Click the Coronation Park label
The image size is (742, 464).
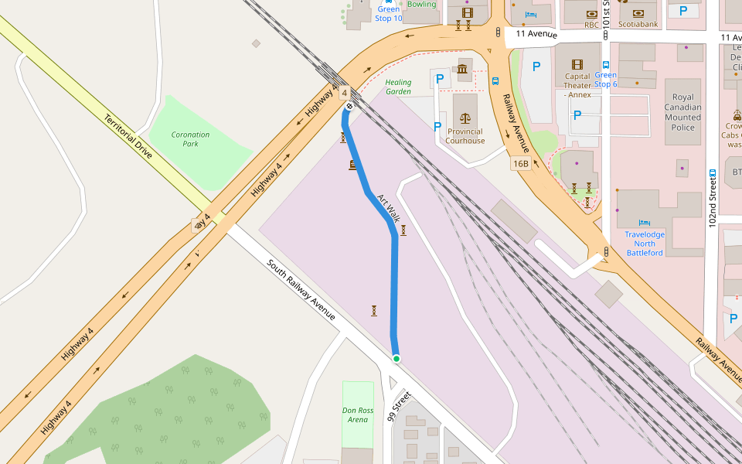[190, 139]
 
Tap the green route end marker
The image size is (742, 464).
[397, 358]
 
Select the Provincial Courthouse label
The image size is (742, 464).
[465, 136]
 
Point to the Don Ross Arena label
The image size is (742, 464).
[358, 415]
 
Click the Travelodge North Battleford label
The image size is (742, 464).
[645, 244]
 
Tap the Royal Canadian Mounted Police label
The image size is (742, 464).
[683, 107]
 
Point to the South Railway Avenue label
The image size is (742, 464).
[301, 290]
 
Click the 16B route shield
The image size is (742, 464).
[520, 164]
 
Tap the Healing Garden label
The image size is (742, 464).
[398, 87]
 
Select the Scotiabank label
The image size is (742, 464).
[639, 25]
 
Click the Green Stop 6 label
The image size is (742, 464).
[606, 80]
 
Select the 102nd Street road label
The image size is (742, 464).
[712, 201]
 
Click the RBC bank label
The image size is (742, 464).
[591, 25]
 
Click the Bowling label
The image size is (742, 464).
[421, 5]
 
